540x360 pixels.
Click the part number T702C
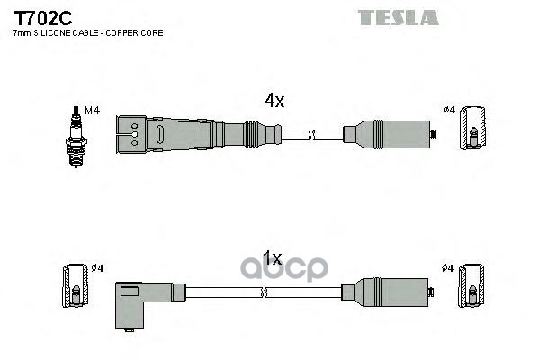click(x=42, y=18)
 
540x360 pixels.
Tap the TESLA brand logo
click(x=398, y=18)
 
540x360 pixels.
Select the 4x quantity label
click(x=274, y=101)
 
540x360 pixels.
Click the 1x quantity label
click(x=273, y=258)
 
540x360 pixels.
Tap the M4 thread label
click(x=92, y=111)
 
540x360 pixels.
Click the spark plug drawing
click(x=76, y=137)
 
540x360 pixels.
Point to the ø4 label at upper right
click(x=449, y=110)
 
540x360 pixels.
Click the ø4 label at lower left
click(x=97, y=267)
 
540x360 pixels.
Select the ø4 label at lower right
click(x=447, y=267)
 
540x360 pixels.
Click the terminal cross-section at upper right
click(x=473, y=128)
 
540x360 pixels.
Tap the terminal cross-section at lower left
click(x=75, y=285)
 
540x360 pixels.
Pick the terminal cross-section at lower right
click(x=471, y=285)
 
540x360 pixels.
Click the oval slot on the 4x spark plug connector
click(x=160, y=134)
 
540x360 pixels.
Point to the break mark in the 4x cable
click(x=312, y=135)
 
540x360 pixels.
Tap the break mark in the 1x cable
click(x=264, y=292)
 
